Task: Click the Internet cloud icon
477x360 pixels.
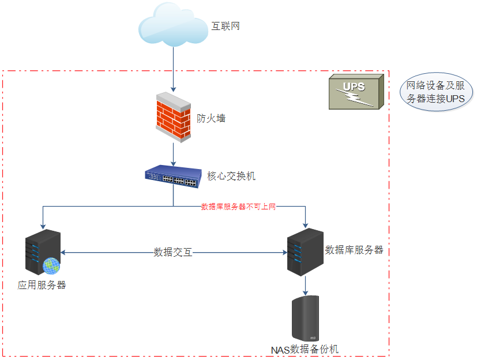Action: tap(173, 27)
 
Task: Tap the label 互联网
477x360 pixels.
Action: tap(226, 27)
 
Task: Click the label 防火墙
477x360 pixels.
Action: tap(211, 118)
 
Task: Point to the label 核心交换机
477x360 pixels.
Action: tap(231, 176)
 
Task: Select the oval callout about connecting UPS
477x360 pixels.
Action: tap(436, 92)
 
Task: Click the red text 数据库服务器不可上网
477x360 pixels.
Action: tap(238, 207)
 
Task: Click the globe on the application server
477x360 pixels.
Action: tap(51, 265)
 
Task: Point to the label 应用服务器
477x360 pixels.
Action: tap(42, 285)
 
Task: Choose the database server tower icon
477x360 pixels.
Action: tap(305, 252)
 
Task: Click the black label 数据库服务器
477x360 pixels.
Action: tap(354, 250)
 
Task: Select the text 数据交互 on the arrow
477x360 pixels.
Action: tap(173, 252)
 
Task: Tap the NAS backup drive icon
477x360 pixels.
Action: tap(305, 318)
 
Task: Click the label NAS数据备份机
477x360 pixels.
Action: tap(305, 350)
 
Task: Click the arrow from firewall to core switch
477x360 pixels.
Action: tap(174, 155)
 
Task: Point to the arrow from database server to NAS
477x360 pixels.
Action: tap(305, 285)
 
